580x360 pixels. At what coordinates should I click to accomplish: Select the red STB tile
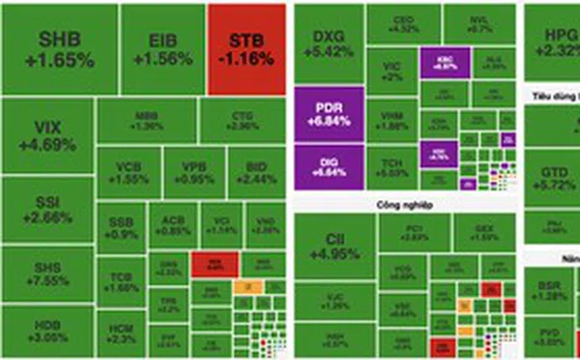click(x=247, y=49)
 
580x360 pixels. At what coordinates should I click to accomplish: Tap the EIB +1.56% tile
click(x=163, y=49)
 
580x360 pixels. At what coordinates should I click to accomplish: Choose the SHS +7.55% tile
click(x=47, y=274)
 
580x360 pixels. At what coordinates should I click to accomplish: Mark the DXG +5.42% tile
click(x=326, y=44)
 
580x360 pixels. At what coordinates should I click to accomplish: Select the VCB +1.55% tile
click(x=128, y=172)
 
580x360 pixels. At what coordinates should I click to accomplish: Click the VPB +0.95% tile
click(x=193, y=172)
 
